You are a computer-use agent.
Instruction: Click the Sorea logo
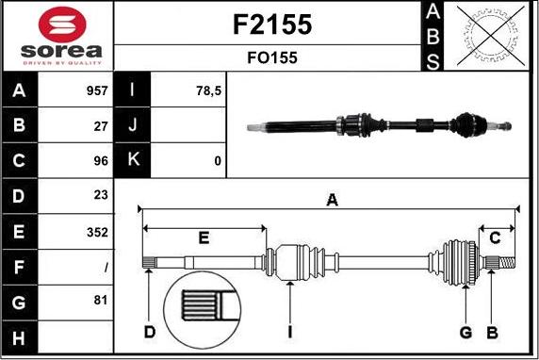pyautogui.click(x=57, y=36)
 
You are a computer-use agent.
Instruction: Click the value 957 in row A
pyautogui.click(x=97, y=91)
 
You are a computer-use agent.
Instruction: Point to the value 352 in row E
pyautogui.click(x=98, y=232)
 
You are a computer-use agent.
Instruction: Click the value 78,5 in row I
pyautogui.click(x=207, y=91)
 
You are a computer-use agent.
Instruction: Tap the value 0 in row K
pyautogui.click(x=218, y=161)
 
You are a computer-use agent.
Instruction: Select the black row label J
pyautogui.click(x=133, y=126)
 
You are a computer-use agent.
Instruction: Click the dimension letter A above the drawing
pyautogui.click(x=331, y=200)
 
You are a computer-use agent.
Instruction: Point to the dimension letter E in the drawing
pyautogui.click(x=204, y=237)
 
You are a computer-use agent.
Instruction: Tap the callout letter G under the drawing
pyautogui.click(x=465, y=332)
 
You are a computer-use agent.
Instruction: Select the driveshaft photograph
pyautogui.click(x=379, y=123)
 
